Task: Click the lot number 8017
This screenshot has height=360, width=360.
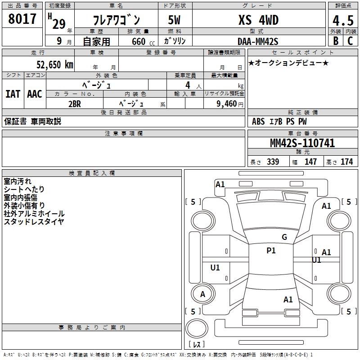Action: (22, 19)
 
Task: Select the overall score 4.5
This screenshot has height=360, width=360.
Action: (343, 20)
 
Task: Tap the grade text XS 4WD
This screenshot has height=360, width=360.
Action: (258, 20)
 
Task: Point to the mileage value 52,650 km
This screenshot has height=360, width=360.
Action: (55, 65)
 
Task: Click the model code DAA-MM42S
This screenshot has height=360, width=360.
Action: (258, 41)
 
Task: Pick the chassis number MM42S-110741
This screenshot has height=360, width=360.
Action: (302, 143)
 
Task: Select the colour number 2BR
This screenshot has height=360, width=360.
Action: (75, 104)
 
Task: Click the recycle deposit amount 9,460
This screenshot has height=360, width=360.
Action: (227, 104)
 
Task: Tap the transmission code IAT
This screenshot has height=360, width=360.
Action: (13, 94)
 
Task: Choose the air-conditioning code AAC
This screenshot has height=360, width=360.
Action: (35, 94)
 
